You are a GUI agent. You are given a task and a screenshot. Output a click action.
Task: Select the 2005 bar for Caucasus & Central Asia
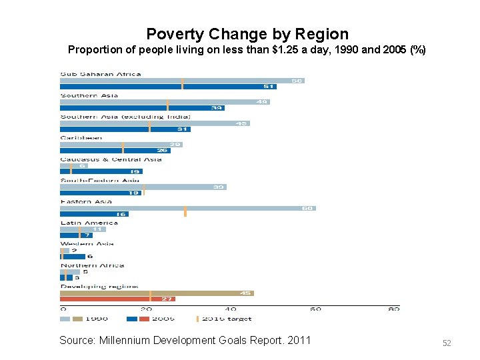[100, 171]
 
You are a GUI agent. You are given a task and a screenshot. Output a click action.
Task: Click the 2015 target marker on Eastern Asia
[185, 211]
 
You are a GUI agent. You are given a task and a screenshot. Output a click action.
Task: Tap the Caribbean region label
[81, 138]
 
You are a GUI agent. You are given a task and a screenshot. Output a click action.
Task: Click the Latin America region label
[89, 223]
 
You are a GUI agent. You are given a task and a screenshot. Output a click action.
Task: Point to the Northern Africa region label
[92, 265]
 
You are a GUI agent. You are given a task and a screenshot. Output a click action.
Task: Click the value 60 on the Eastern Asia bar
[307, 208]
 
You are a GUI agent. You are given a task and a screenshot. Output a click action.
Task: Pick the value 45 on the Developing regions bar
[245, 293]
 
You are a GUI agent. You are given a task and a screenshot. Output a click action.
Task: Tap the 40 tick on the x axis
[230, 309]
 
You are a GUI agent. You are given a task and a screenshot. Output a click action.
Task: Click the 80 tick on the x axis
[394, 309]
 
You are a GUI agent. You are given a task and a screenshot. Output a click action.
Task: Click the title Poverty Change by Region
[247, 34]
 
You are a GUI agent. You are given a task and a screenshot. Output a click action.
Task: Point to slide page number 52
[447, 343]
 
